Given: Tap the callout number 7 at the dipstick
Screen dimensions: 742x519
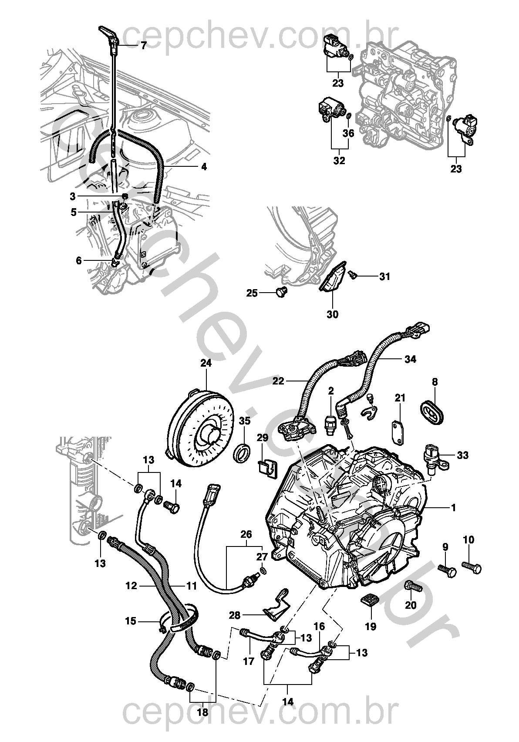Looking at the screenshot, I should point(144,45).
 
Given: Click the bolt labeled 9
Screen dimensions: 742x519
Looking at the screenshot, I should point(447,570).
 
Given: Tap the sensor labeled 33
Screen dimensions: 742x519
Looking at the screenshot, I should point(434,457).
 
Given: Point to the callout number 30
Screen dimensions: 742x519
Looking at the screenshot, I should point(332,314).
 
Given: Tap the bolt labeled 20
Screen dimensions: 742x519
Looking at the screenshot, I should point(413,586).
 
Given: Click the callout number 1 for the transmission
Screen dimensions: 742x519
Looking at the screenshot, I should point(453,508).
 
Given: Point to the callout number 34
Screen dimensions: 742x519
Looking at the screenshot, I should point(410,359).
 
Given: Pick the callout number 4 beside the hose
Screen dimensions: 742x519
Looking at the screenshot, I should point(204,166).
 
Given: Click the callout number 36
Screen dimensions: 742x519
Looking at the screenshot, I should point(349,133).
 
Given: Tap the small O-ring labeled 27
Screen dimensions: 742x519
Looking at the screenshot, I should point(263,570).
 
